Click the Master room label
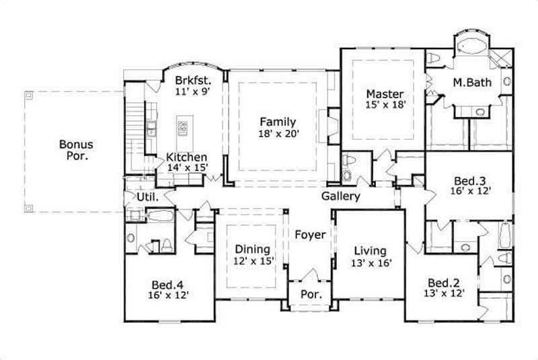[385, 94]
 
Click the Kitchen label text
[186, 157]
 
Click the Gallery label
[340, 196]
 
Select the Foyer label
[310, 236]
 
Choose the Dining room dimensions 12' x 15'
[253, 261]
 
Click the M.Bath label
[471, 82]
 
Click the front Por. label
[310, 294]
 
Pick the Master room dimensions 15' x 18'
[385, 105]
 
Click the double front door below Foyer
[310, 276]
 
